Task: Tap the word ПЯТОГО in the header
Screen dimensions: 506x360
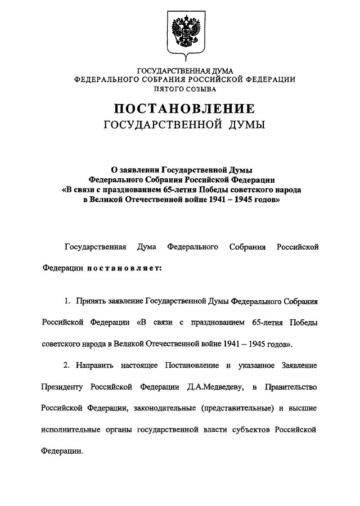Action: click(x=157, y=88)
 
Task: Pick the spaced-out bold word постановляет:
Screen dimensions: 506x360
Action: click(x=124, y=268)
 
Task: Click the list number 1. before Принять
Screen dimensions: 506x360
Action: click(x=66, y=301)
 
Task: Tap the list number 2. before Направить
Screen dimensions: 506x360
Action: click(x=66, y=365)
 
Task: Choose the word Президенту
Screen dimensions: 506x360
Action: click(x=63, y=387)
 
